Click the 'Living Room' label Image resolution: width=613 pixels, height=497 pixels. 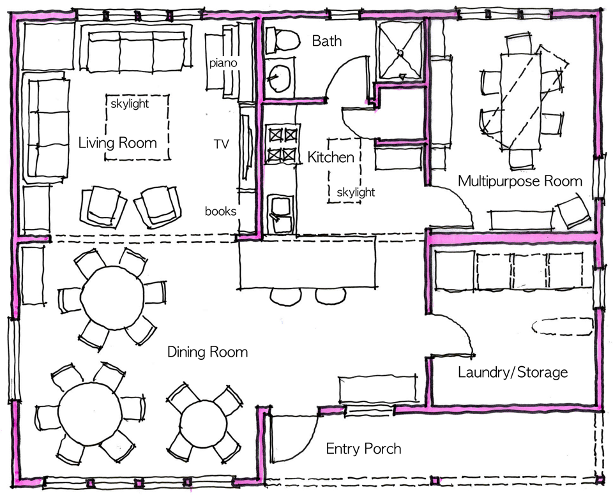(x=117, y=142)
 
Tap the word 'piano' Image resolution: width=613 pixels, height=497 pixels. (x=223, y=63)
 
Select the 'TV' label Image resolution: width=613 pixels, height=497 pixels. (x=221, y=144)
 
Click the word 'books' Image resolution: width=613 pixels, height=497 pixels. (x=221, y=211)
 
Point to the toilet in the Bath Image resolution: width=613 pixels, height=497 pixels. (x=282, y=40)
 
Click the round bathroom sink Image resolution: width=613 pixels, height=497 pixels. (x=280, y=79)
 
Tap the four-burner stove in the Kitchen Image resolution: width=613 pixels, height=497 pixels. (x=282, y=145)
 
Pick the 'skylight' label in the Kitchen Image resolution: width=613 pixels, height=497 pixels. (x=356, y=192)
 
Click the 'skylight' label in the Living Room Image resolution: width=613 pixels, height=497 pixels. (x=130, y=104)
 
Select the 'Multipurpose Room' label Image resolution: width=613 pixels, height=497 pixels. (x=520, y=181)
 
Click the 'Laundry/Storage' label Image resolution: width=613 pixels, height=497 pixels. (x=513, y=372)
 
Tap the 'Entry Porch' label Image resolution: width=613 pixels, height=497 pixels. (x=363, y=449)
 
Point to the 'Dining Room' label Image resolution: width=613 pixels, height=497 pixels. (x=208, y=352)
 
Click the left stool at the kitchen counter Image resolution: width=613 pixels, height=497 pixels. (x=286, y=296)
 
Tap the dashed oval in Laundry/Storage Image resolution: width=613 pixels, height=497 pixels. (x=563, y=326)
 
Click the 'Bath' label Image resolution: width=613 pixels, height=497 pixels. (x=327, y=41)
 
